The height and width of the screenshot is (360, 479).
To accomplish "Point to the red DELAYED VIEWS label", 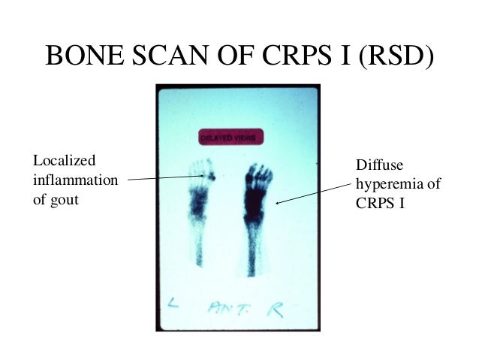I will [232, 138].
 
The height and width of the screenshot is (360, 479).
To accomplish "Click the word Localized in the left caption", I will [65, 161].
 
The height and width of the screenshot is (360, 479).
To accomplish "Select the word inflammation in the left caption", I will [75, 181].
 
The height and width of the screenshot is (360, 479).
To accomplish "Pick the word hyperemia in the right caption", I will [380, 184].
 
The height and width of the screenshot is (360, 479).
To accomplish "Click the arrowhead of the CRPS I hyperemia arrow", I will [278, 202].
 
